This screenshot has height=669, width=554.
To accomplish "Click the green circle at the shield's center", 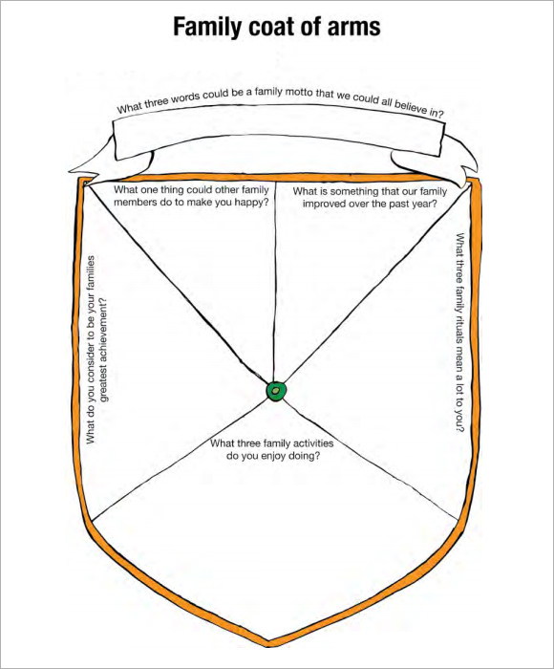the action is pos(276,390).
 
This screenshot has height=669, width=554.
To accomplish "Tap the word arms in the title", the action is pos(353,27).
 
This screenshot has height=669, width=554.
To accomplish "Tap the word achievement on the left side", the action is pos(103,339).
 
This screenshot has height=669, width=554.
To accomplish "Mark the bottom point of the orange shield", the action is pos(267,641).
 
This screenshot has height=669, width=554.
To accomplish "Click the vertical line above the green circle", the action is pos(275,282).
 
